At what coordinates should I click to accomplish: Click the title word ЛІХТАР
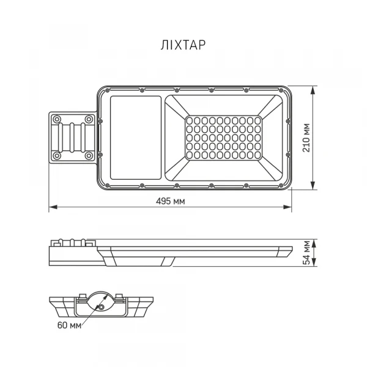[x=183, y=45]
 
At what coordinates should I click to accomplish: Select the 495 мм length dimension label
[x=171, y=201]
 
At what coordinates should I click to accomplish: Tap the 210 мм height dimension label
[x=307, y=138]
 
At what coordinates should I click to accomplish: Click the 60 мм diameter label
[x=70, y=324]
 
